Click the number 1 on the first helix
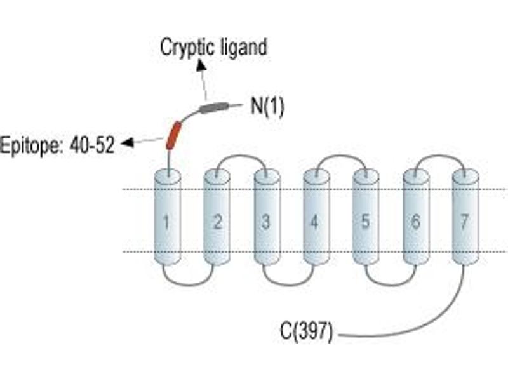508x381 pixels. pyautogui.click(x=166, y=222)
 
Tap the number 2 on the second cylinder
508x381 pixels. pyautogui.click(x=217, y=222)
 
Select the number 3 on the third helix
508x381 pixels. pyautogui.click(x=265, y=222)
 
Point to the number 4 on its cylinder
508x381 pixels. pyautogui.click(x=314, y=222)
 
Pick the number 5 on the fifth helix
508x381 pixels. pyautogui.click(x=365, y=222)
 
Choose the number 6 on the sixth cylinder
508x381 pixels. pyautogui.click(x=416, y=222)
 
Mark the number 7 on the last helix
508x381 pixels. pyautogui.click(x=465, y=222)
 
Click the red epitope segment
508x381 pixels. pyautogui.click(x=173, y=135)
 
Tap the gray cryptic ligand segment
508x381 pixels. pyautogui.click(x=214, y=107)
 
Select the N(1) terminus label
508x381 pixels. pyautogui.click(x=267, y=107)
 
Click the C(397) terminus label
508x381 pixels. pyautogui.click(x=306, y=331)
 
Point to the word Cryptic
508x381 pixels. pyautogui.click(x=187, y=48)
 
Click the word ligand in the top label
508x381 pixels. pyautogui.click(x=244, y=48)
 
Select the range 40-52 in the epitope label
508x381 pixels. pyautogui.click(x=92, y=145)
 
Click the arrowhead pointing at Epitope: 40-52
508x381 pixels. pyautogui.click(x=127, y=142)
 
